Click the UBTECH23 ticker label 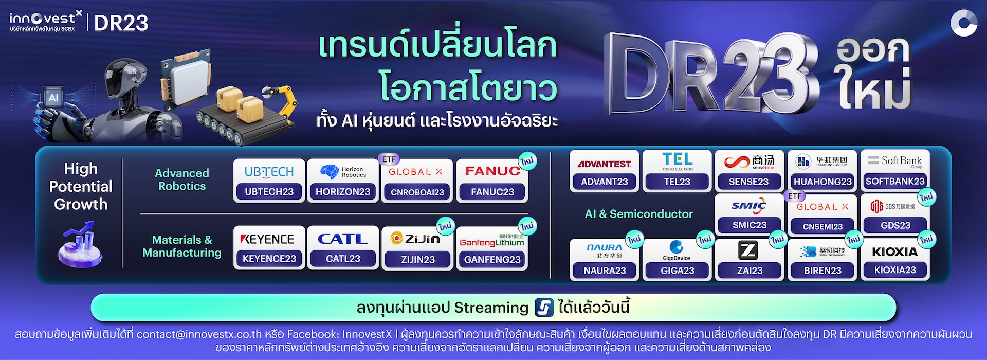pyautogui.click(x=269, y=192)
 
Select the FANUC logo pyautogui.click(x=492, y=171)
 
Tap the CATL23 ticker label pyautogui.click(x=343, y=259)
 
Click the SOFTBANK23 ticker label pyautogui.click(x=895, y=181)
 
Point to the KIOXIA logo pyautogui.click(x=895, y=251)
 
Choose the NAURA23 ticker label pyautogui.click(x=605, y=271)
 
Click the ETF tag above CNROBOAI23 pyautogui.click(x=389, y=159)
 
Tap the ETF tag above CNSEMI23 pyautogui.click(x=795, y=196)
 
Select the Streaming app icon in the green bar pyautogui.click(x=544, y=308)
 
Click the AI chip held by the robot pyautogui.click(x=53, y=98)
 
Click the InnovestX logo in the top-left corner pyautogui.click(x=45, y=22)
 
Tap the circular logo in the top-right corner pyautogui.click(x=963, y=24)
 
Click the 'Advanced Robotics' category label pyautogui.click(x=182, y=179)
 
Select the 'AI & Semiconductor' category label pyautogui.click(x=638, y=214)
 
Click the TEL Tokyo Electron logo pyautogui.click(x=677, y=161)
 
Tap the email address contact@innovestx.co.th pyautogui.click(x=199, y=334)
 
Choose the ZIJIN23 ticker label pyautogui.click(x=417, y=260)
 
